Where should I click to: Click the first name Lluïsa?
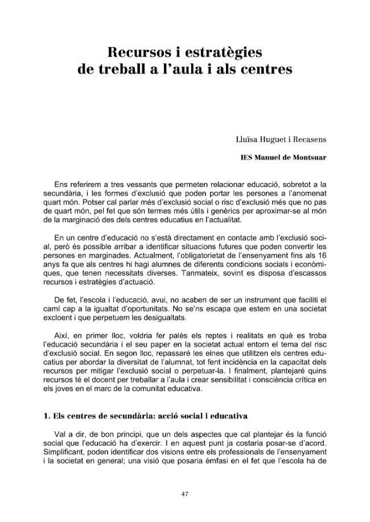point(247,138)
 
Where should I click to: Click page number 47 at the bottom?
point(184,494)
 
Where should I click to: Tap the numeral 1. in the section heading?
point(47,415)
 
